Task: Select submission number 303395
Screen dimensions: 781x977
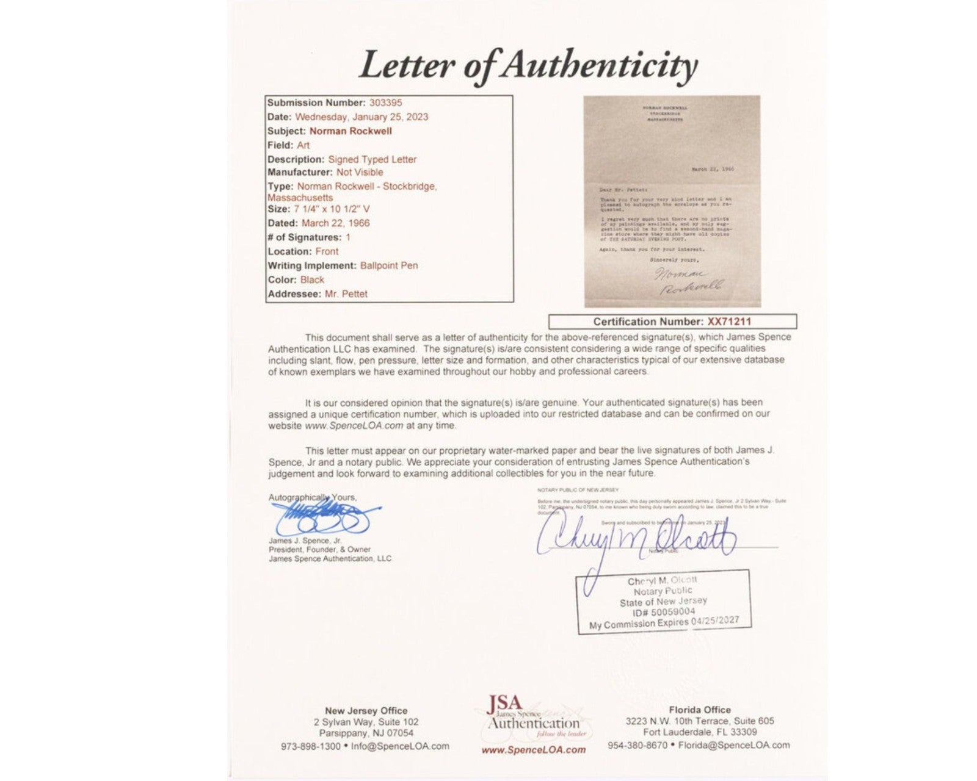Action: click(385, 103)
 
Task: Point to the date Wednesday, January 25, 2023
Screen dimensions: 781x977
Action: click(361, 117)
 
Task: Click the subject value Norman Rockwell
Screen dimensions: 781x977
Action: click(350, 131)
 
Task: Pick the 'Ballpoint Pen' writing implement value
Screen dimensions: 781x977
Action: click(389, 265)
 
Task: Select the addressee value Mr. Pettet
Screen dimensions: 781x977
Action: click(346, 293)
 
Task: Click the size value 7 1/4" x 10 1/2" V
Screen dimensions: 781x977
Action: click(332, 209)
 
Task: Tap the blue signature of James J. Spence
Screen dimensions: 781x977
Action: click(324, 517)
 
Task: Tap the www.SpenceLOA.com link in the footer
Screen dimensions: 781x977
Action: click(533, 750)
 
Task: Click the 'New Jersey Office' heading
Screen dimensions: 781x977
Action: click(366, 710)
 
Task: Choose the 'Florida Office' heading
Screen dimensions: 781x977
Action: click(699, 710)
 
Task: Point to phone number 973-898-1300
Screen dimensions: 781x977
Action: click(310, 746)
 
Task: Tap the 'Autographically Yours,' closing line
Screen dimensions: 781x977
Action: click(313, 497)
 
